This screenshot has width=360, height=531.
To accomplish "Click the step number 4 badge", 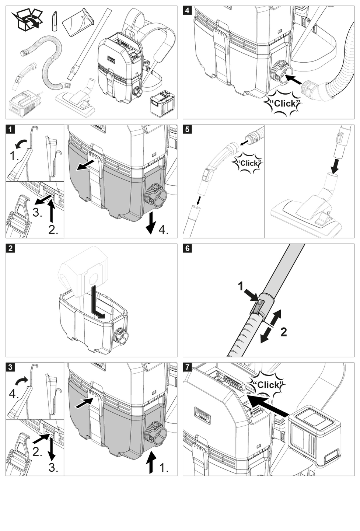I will [x=187, y=10].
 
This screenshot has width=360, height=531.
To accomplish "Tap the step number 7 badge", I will [x=187, y=367].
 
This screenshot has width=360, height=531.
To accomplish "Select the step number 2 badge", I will [x=10, y=248].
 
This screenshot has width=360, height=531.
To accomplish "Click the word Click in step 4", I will [x=284, y=104].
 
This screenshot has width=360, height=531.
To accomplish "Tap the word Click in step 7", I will [x=268, y=385].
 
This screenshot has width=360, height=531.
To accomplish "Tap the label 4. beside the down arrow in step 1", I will [x=163, y=231].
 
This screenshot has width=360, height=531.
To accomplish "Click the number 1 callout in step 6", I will [x=241, y=286].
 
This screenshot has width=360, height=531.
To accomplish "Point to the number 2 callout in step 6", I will [x=283, y=332].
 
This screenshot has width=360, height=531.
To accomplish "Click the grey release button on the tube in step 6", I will [x=259, y=307].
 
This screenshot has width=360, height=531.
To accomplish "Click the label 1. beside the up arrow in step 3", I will [x=163, y=468].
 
